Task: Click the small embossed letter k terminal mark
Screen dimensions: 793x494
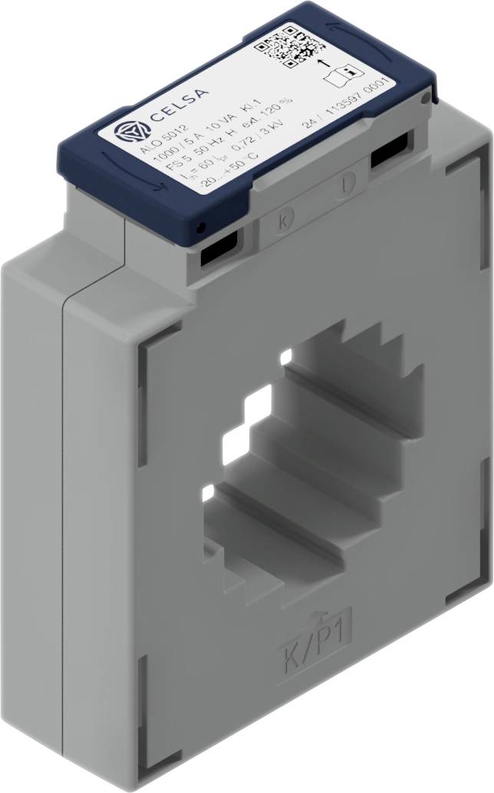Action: [284, 222]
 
